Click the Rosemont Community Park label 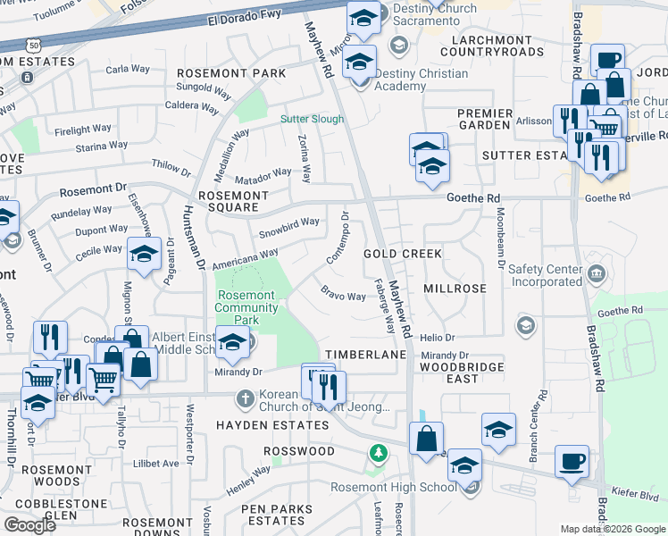pyautogui.click(x=246, y=307)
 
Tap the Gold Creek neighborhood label pyautogui.click(x=403, y=254)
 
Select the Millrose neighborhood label pyautogui.click(x=455, y=289)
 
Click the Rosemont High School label pyautogui.click(x=394, y=487)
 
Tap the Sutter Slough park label pyautogui.click(x=312, y=118)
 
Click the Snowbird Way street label pyautogui.click(x=288, y=227)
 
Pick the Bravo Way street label pyautogui.click(x=344, y=294)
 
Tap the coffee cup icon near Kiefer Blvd pyautogui.click(x=572, y=463)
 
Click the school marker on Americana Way pyautogui.click(x=144, y=255)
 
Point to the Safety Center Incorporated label pyautogui.click(x=546, y=275)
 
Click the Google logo pyautogui.click(x=29, y=525)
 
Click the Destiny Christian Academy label pyautogui.click(x=421, y=80)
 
